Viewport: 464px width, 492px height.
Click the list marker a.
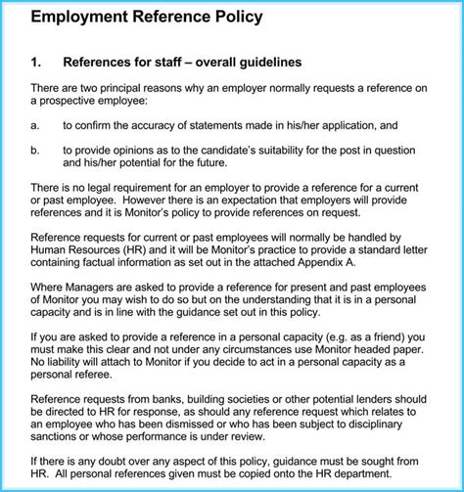[35, 126]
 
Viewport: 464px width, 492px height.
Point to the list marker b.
[35, 150]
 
